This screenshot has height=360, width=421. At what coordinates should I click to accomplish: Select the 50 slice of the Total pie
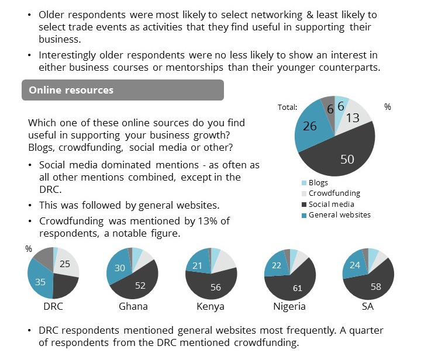347,158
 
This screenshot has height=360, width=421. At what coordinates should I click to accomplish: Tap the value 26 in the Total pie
310,126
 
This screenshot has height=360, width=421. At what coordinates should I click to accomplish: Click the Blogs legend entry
319,183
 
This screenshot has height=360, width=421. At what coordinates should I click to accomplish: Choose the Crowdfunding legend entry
334,193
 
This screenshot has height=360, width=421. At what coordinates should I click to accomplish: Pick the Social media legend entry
331,204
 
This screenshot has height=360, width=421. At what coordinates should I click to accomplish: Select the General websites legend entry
340,214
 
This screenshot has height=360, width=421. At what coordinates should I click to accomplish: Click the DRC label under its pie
53,306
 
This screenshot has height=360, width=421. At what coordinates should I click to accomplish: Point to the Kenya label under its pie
211,306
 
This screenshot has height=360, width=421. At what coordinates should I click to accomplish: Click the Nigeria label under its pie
290,306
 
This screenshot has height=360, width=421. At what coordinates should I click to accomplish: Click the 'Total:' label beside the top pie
287,107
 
